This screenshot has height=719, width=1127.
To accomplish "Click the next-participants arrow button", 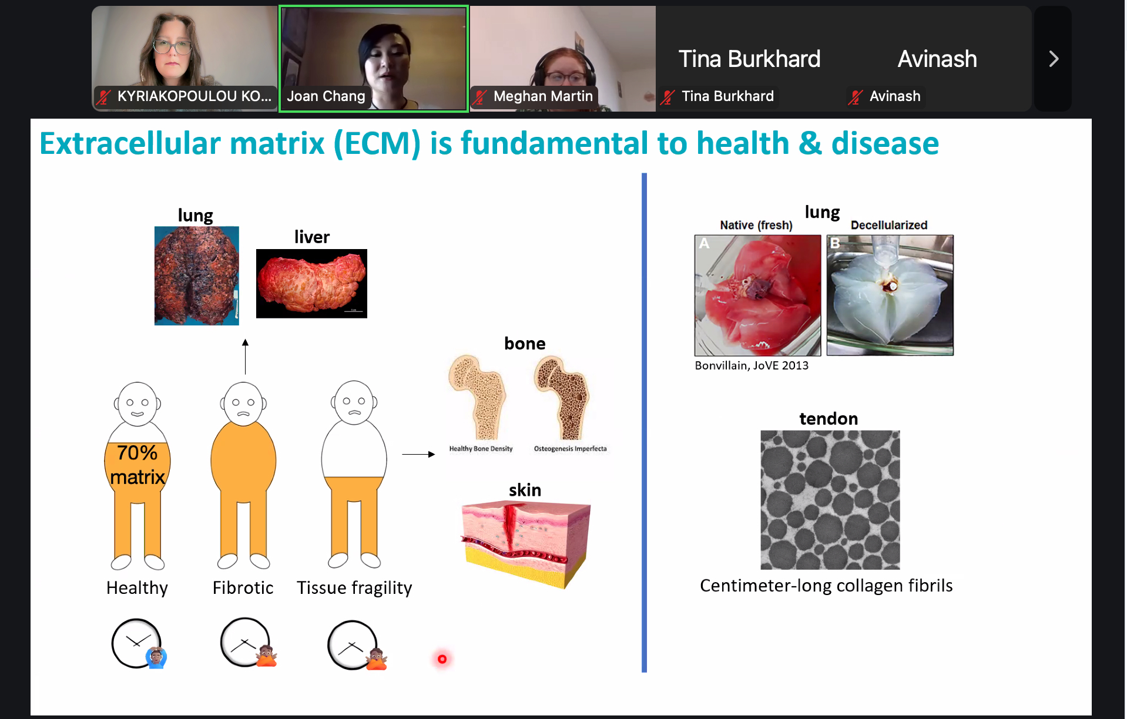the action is coord(1053,59).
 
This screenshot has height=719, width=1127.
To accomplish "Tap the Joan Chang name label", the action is coord(326,96).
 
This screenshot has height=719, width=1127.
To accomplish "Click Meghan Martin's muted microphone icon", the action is coord(481,97).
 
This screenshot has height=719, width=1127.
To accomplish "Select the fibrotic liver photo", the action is coord(311,284).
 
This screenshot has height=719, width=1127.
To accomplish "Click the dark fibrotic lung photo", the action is coord(197,275).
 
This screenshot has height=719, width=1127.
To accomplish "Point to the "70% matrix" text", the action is coord(137,465).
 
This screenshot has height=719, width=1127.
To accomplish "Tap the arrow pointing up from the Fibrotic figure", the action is coord(246,357).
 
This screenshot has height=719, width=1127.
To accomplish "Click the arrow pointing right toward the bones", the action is coord(418,454).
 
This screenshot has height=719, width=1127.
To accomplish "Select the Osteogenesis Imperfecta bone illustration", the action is coord(561,398).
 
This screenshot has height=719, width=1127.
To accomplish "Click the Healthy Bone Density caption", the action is coord(481,449).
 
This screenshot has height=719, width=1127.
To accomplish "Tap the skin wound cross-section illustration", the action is coord(525,544).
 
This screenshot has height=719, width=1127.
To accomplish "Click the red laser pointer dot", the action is coord(442,659).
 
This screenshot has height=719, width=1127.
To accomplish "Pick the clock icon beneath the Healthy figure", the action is coord(136,643).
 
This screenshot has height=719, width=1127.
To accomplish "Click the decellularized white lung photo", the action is coord(890,295).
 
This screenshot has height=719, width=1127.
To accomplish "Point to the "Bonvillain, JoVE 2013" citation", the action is coord(752,365).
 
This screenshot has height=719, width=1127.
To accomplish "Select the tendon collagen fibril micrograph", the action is coord(830,500).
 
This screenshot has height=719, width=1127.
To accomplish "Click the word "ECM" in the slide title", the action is coord(382,143).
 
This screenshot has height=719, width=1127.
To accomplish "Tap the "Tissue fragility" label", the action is coord(354,588).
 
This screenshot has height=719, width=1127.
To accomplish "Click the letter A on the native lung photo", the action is coord(704,244).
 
